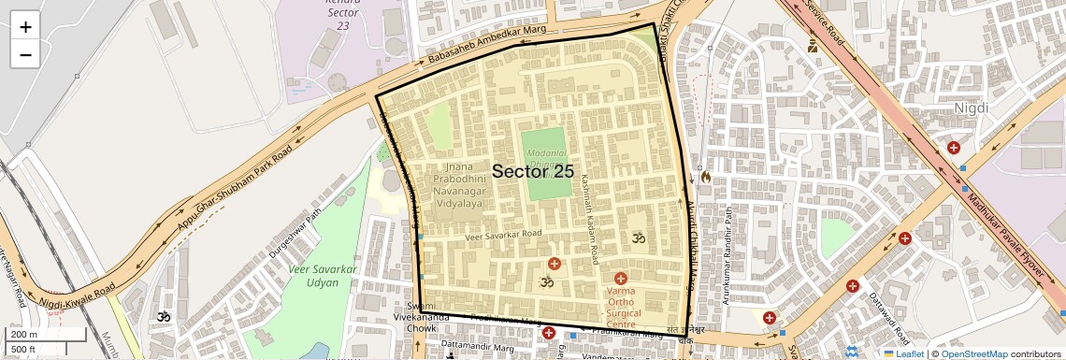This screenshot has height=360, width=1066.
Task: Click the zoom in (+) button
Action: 25,27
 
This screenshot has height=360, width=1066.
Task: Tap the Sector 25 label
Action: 533,171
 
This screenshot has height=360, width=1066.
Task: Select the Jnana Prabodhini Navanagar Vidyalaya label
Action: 458,184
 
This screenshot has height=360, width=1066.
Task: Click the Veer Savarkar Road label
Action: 503,235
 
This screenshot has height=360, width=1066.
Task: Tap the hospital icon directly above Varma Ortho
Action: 621,279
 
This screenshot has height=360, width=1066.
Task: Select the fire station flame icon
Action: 705,176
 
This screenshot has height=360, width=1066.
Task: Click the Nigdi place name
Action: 970,108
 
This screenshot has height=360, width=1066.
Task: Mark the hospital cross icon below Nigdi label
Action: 954,148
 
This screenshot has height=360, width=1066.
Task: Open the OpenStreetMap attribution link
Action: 973,353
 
